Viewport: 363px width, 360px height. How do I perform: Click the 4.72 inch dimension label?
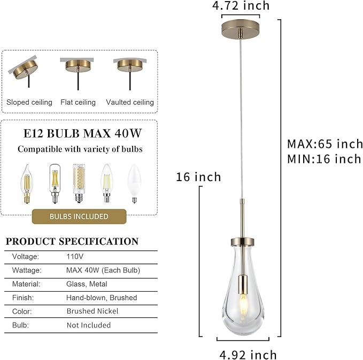point(241,6)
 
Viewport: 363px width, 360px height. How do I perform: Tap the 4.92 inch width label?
point(248,354)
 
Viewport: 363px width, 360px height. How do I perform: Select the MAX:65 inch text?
point(325,144)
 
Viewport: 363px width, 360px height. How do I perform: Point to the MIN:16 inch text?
point(324,159)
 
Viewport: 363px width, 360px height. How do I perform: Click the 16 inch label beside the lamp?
point(198,177)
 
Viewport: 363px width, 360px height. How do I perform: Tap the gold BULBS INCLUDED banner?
point(79,216)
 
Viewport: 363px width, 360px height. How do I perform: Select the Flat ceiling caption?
point(78,102)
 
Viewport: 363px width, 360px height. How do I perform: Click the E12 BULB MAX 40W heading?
point(79,131)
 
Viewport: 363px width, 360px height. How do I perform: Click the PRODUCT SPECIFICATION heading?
point(72,241)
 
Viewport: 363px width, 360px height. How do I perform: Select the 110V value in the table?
point(75,256)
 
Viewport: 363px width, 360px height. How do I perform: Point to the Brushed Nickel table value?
point(92,311)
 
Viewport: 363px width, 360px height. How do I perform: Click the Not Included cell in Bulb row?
point(89,325)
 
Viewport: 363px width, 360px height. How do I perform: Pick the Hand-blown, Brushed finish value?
point(102,298)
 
